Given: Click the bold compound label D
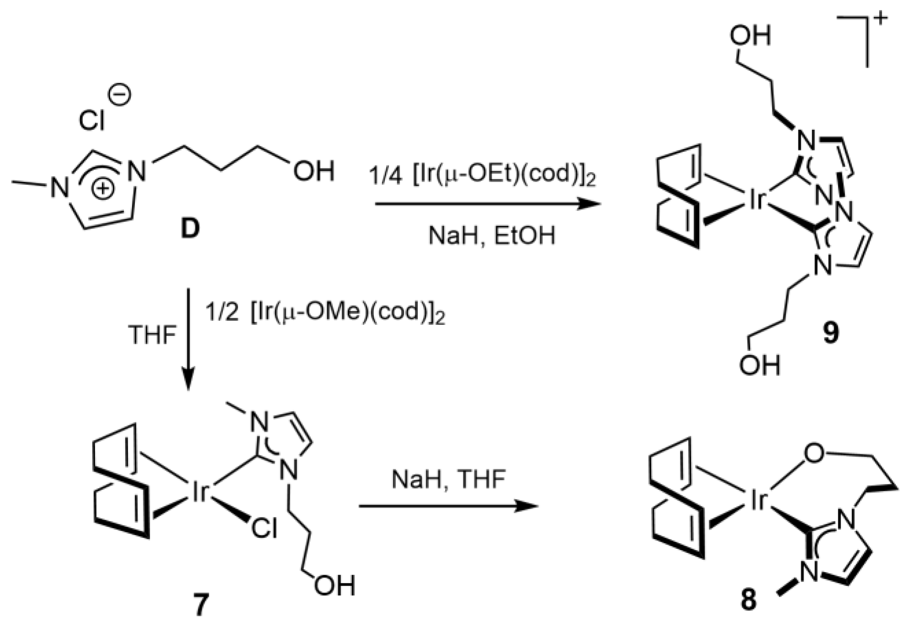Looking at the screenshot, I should pos(190,229).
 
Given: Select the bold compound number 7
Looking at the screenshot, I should pos(201,604).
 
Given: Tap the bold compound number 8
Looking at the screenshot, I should pos(748,599).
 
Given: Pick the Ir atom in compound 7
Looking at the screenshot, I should pos(199,493).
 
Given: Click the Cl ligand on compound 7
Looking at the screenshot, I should pos(264,529).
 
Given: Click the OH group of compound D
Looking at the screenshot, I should pos(314,171).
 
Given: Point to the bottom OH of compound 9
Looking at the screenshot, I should pos(759,366).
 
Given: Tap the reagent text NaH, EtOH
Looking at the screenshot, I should pos(491,236).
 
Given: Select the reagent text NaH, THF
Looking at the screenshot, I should pos(449,480).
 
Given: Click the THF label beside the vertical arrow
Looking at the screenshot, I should pos(152,335).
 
